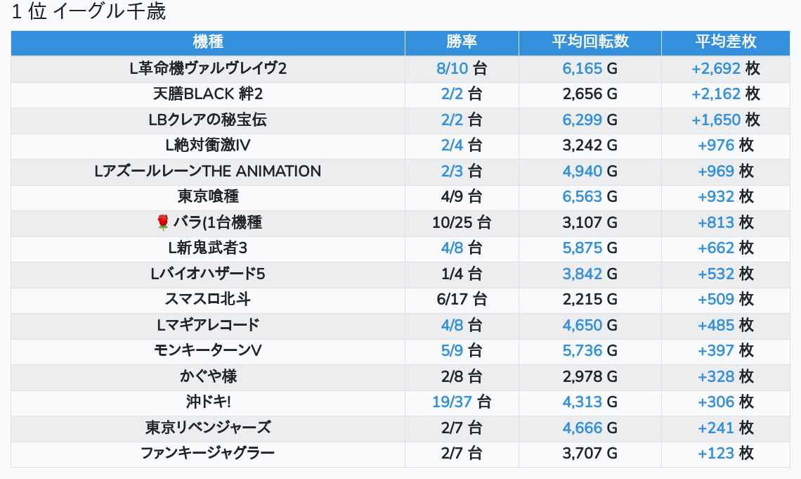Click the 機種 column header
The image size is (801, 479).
(207, 42)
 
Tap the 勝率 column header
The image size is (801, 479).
(462, 42)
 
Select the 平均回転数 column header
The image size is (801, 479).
(590, 42)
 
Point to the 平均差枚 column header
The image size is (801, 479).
(725, 42)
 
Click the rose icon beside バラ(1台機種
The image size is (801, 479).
(163, 223)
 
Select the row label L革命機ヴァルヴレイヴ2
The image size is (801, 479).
(208, 68)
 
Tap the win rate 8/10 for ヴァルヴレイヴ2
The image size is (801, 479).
(452, 68)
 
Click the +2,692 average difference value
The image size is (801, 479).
(716, 68)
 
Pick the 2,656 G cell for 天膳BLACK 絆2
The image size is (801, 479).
(590, 94)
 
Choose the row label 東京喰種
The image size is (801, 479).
(208, 197)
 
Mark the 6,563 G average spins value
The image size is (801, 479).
(590, 197)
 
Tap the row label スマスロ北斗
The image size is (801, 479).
(208, 300)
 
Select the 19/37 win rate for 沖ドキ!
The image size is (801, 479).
(452, 402)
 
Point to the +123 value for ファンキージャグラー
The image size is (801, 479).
(716, 454)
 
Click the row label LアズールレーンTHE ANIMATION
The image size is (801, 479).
(208, 172)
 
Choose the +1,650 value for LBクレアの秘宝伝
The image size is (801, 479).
(716, 120)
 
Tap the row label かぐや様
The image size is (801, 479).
(208, 376)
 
